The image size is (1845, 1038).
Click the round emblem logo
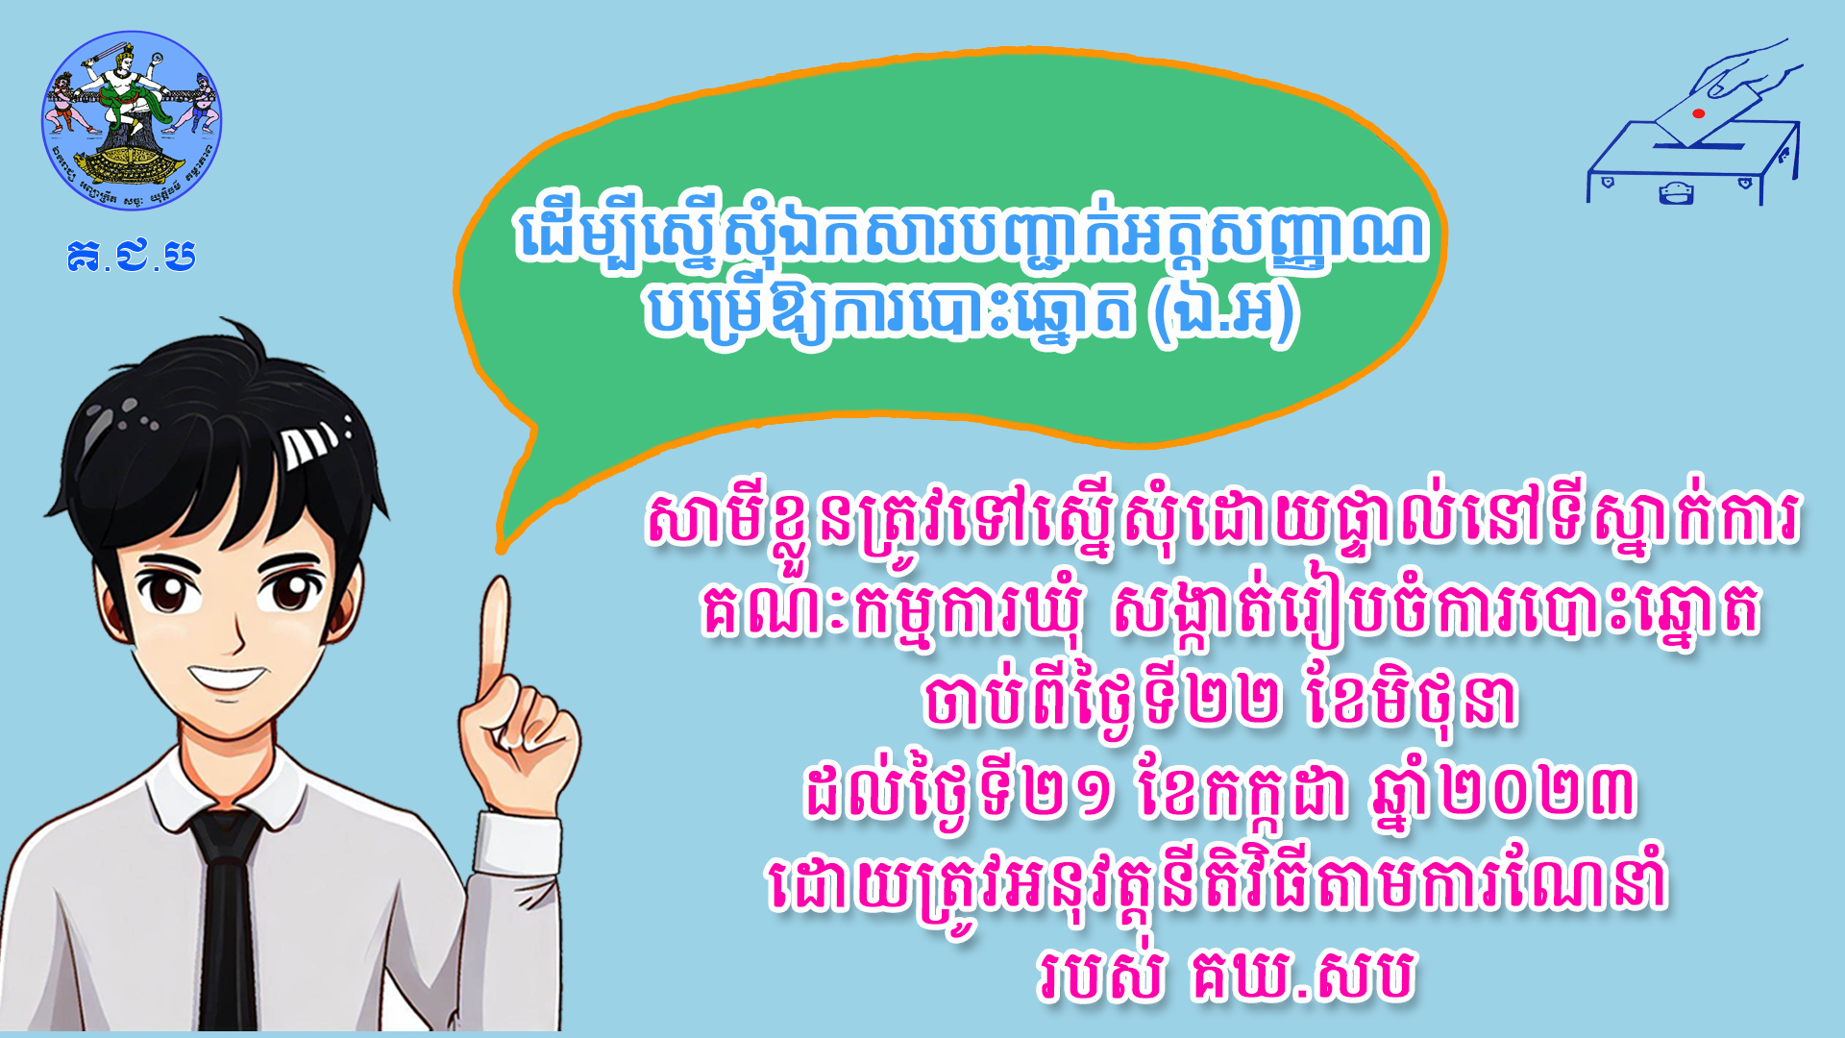132,120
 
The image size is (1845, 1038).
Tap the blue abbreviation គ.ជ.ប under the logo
132,257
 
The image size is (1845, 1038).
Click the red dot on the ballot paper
1698,113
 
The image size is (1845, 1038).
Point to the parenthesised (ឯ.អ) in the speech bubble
1222,313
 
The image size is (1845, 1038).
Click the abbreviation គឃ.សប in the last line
1302,975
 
